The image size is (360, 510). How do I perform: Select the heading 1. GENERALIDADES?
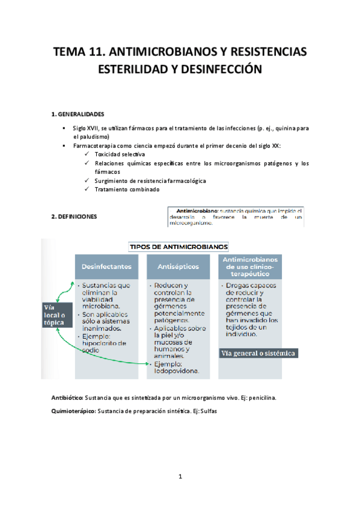coord(78,114)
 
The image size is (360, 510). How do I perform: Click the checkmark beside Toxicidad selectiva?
coord(88,154)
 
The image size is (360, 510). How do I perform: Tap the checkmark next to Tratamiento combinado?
coord(88,189)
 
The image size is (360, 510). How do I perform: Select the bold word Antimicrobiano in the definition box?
coord(198,211)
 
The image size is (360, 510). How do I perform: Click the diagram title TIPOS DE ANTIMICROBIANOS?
coord(179,247)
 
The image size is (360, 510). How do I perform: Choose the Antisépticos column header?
coord(178,266)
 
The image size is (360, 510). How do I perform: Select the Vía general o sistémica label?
coord(259,353)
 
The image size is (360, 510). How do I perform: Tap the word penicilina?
coord(260,398)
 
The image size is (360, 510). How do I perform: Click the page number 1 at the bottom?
coord(180,477)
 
